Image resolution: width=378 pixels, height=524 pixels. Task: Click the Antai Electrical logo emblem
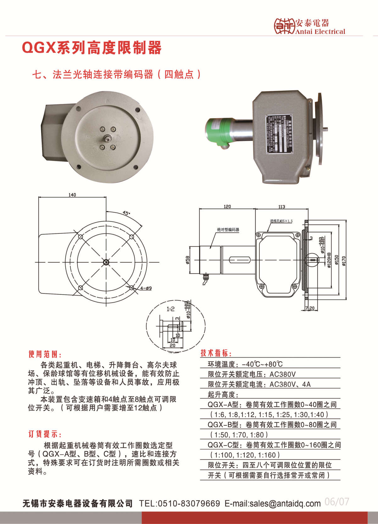tap(284, 26)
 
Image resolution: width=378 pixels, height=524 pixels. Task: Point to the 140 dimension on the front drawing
tap(72, 195)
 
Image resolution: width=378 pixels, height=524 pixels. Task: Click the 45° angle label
tap(126, 213)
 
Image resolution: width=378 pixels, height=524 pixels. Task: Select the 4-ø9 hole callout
tap(146, 288)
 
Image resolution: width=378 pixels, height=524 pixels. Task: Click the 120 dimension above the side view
tap(227, 206)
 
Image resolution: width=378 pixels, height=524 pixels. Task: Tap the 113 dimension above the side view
tap(282, 206)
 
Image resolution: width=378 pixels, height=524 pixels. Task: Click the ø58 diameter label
tap(188, 260)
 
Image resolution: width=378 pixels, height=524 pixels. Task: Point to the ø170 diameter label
tap(344, 261)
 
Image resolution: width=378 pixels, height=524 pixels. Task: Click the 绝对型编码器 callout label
tap(228, 230)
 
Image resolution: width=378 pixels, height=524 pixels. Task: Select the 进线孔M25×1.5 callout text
tap(281, 221)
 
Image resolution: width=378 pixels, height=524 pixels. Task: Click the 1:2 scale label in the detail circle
tap(170, 309)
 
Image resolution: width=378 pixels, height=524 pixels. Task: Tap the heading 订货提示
tap(45, 434)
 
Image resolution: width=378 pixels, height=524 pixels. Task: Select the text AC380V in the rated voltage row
tap(283, 374)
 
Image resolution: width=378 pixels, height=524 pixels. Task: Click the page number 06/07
tap(337, 502)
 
